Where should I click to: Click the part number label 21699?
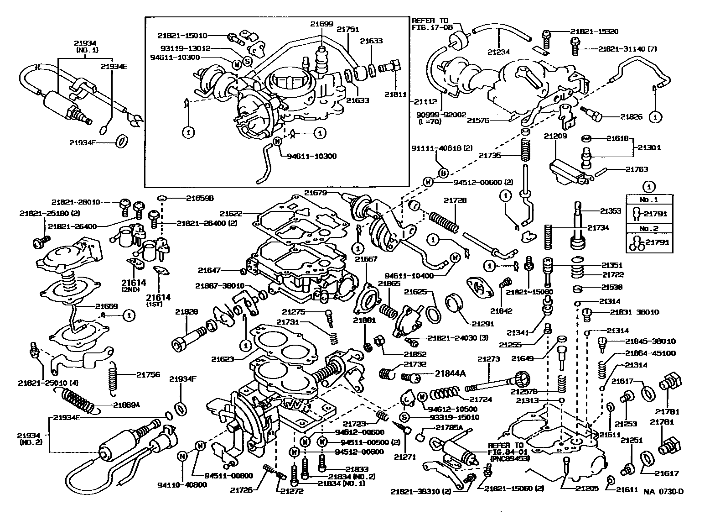(322, 24)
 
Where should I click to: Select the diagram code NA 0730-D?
(663, 492)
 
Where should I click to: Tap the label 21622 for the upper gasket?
(231, 213)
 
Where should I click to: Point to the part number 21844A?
(450, 373)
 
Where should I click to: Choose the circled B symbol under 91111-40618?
(443, 173)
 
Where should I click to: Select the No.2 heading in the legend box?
(649, 229)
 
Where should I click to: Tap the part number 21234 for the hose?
(499, 52)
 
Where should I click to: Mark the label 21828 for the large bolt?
(187, 312)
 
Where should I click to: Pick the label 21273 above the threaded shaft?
(489, 359)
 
